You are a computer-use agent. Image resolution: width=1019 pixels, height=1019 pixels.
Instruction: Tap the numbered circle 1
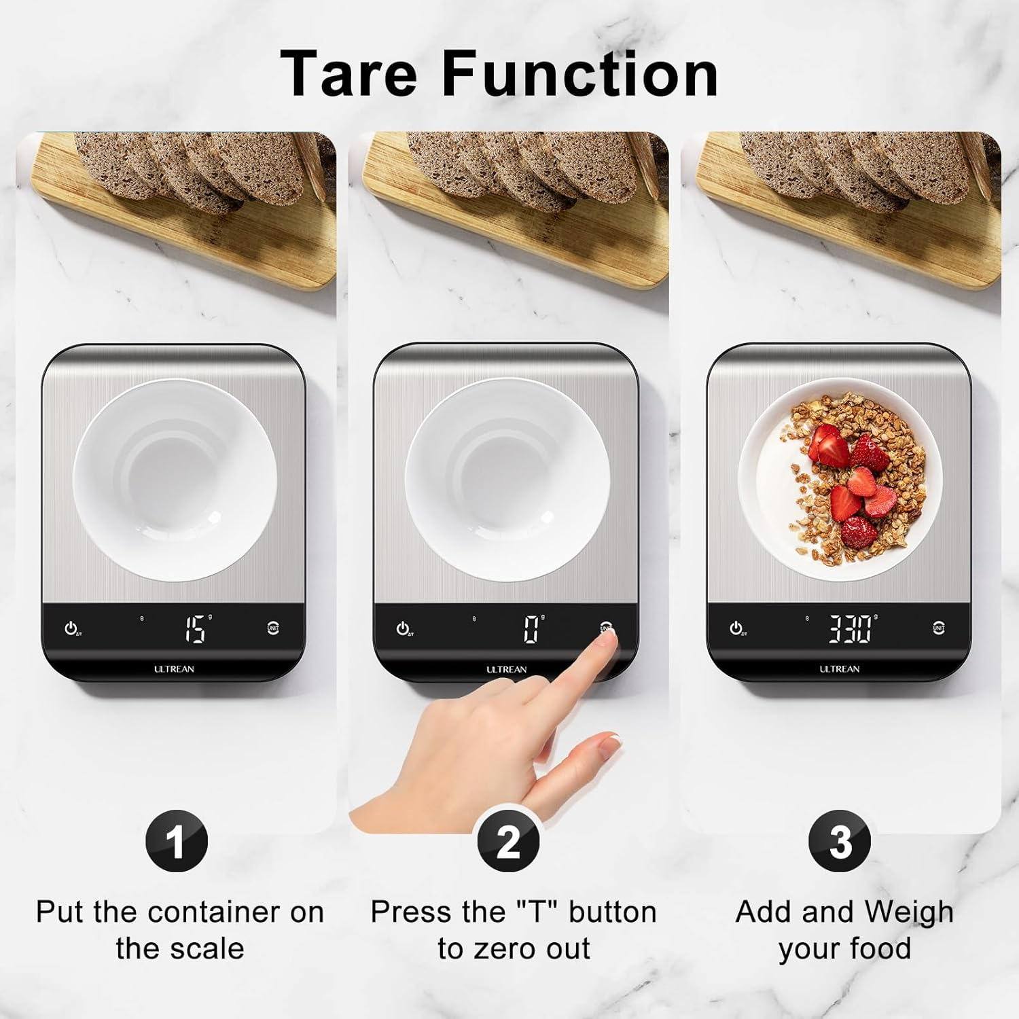pos(176,842)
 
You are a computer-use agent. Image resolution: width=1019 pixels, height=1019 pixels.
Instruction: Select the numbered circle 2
pos(508,842)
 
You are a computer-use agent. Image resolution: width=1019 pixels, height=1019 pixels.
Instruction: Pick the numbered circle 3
pos(840,842)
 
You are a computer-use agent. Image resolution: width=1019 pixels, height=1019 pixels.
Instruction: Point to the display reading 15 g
pos(196,629)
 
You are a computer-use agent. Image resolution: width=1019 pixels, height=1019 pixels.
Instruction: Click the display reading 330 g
pos(851,629)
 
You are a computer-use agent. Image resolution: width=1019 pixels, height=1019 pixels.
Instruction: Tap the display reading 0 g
pos(531,629)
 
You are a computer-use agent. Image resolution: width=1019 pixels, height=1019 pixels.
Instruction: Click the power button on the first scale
pos(71,628)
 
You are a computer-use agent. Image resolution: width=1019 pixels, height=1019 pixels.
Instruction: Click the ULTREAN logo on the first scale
pos(174,669)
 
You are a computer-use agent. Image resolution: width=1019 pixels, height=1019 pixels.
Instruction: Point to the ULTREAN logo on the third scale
pos(840,669)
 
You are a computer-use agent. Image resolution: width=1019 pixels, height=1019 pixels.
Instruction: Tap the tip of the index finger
pos(611,636)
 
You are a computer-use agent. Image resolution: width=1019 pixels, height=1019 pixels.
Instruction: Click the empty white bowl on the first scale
pos(175,479)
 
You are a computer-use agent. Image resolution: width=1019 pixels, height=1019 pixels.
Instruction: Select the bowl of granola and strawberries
pos(840,479)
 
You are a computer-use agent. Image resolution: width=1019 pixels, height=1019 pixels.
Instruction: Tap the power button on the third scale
pos(736,628)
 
